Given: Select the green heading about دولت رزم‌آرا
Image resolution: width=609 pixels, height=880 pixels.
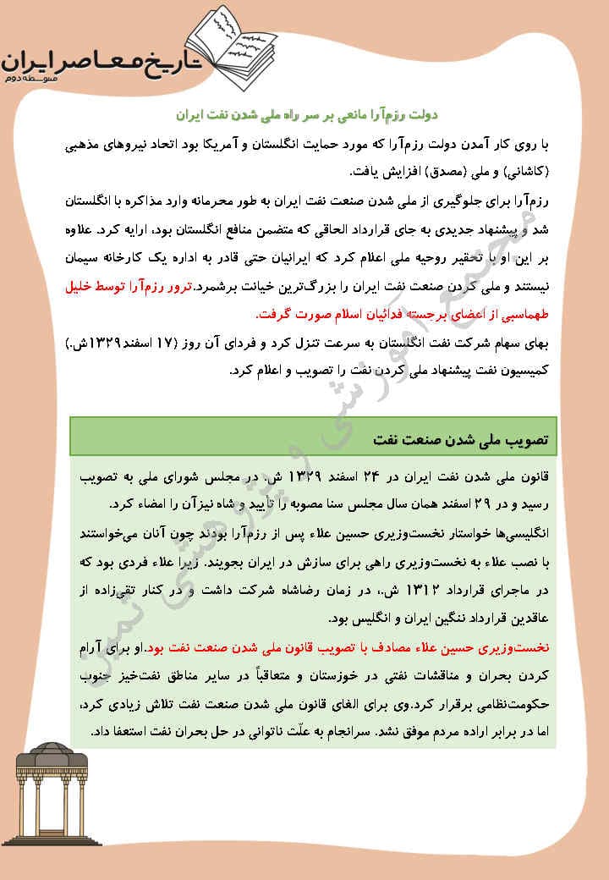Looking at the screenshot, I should [x=308, y=113].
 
